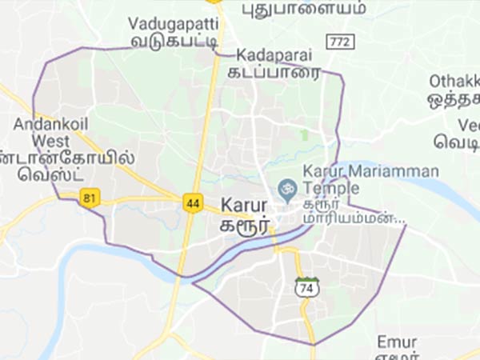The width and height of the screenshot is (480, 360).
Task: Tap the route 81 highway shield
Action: coord(90,197)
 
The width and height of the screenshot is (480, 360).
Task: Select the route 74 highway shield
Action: coord(306,286)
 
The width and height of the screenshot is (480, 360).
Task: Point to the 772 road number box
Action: coord(336,40)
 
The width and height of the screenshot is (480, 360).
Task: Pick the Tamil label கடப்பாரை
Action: coord(278,72)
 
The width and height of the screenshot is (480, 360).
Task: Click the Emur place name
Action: coord(397,342)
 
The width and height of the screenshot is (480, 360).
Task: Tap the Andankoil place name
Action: coord(49,124)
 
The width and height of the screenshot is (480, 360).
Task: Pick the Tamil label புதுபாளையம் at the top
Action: coord(304,8)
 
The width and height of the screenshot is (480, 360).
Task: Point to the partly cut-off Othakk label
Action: coord(454,81)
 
